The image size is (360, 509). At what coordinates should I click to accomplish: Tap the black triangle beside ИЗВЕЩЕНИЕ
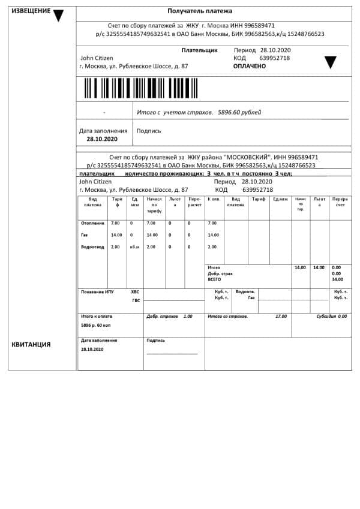click(58, 16)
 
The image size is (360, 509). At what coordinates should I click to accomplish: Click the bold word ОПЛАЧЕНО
click(249, 66)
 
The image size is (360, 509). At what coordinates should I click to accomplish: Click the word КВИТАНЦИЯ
click(31, 345)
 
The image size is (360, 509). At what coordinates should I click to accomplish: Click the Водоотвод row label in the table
click(92, 247)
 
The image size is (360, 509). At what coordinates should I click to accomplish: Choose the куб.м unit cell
click(134, 247)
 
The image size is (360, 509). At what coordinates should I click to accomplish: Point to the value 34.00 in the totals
click(337, 279)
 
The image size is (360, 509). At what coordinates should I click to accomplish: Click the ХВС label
click(135, 292)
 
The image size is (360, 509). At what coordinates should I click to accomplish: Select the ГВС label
click(136, 300)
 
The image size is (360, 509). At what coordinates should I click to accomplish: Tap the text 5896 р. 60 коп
click(96, 324)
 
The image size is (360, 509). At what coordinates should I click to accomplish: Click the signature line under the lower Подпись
click(172, 354)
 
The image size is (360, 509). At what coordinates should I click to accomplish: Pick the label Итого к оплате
click(97, 316)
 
